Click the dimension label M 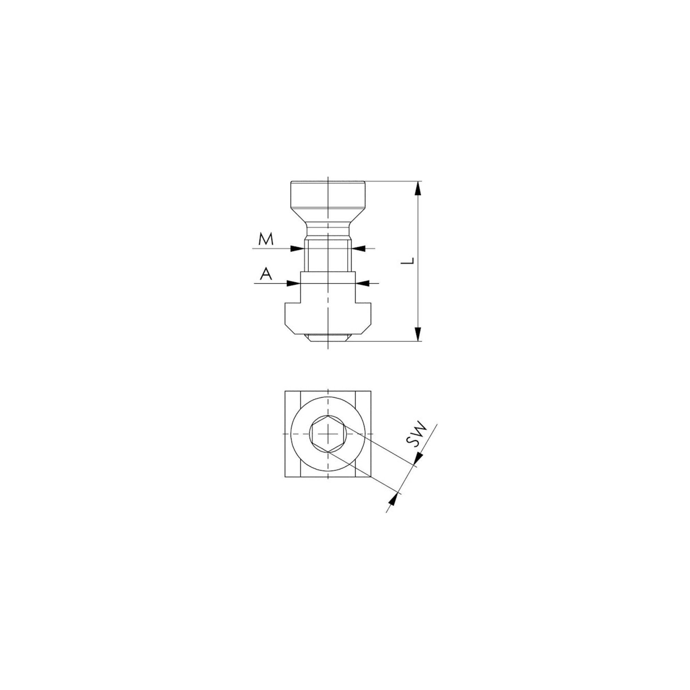pos(266,239)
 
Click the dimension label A pos(266,274)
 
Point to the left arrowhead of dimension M pos(297,248)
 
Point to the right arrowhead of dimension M pos(358,248)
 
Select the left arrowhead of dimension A pos(294,283)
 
